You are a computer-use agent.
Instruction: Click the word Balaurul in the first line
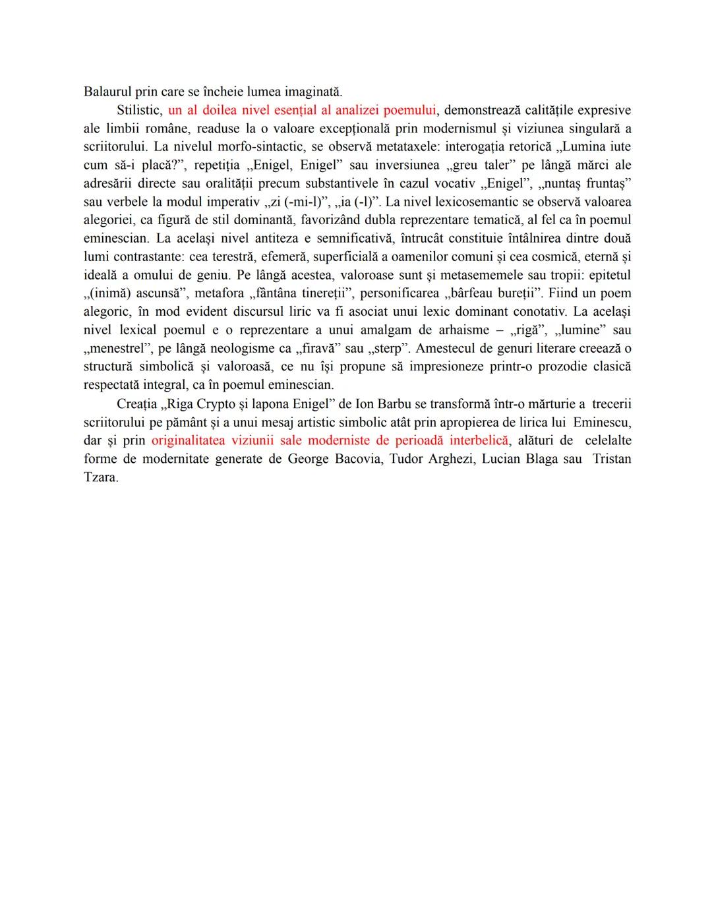(107, 92)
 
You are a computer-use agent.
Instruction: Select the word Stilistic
(138, 110)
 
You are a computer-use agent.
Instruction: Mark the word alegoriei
(110, 220)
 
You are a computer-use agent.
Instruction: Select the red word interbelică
(479, 440)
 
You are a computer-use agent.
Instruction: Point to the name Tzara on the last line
(100, 477)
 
